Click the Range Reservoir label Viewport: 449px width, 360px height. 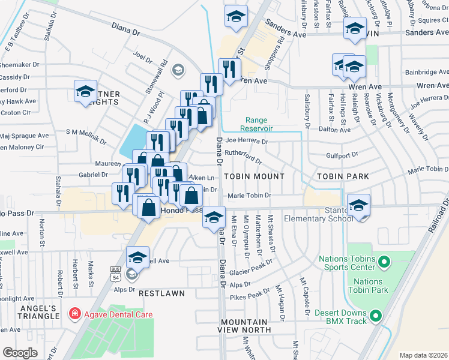coord(257,124)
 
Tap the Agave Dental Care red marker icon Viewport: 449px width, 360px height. coord(74,313)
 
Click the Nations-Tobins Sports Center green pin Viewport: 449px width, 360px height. coord(384,262)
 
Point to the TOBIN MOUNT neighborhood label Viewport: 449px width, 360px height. coord(254,176)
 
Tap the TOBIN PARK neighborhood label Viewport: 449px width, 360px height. coord(342,176)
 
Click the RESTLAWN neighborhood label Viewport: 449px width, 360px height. coord(160,294)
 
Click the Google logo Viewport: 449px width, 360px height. coord(20,353)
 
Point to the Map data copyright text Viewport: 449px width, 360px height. coord(423,355)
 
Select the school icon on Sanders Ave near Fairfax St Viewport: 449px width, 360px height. coord(355,29)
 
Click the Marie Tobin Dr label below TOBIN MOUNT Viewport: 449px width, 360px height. coord(249,196)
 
